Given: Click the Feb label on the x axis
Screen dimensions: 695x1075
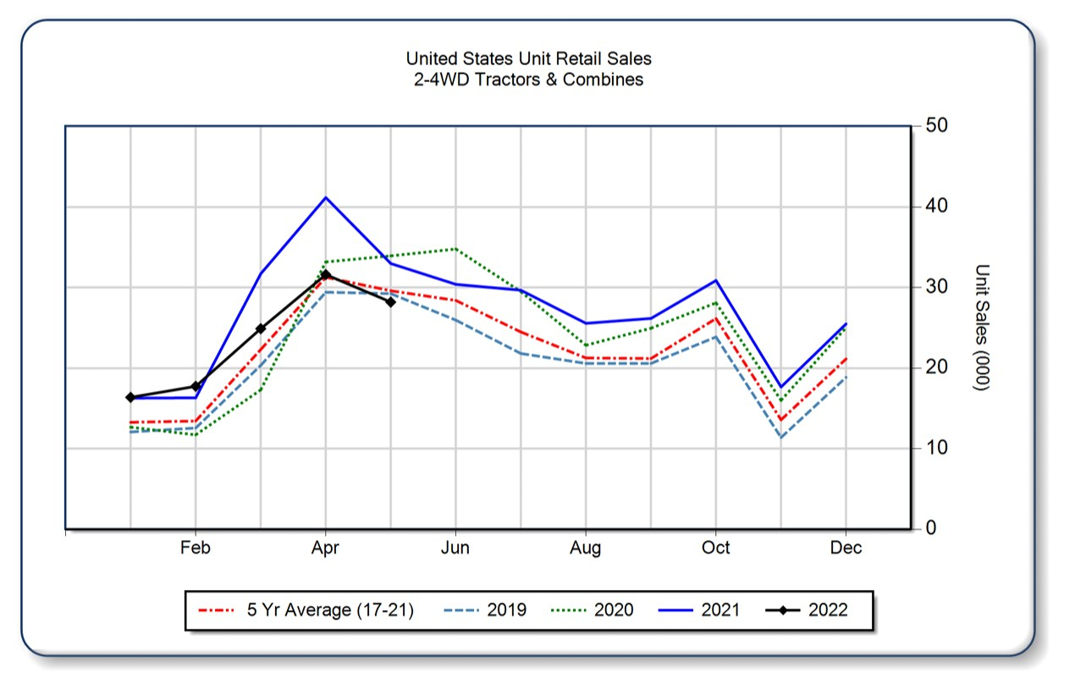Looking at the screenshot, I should (195, 549).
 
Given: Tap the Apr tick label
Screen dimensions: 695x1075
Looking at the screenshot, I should (325, 549).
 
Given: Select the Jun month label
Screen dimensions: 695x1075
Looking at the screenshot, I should (455, 549).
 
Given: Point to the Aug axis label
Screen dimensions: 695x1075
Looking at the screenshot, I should (585, 549).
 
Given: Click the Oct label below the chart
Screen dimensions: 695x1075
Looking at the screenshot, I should (715, 549).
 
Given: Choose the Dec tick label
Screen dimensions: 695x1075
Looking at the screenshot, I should (846, 549).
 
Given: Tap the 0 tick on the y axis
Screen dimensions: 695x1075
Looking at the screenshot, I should (930, 529).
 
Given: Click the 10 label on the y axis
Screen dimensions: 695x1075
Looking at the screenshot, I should (935, 449).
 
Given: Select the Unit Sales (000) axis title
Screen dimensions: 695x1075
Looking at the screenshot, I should (982, 327).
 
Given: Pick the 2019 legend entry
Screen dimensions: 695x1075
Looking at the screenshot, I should (506, 610).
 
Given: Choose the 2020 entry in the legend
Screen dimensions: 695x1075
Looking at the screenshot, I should (614, 610).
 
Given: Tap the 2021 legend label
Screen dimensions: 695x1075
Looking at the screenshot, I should (720, 610).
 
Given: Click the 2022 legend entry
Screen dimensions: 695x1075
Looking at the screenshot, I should (827, 610).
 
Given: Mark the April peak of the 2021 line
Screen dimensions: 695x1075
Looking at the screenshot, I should (326, 197).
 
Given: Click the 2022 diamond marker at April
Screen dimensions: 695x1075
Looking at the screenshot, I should (326, 274).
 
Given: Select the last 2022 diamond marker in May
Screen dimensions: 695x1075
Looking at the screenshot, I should (390, 301).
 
